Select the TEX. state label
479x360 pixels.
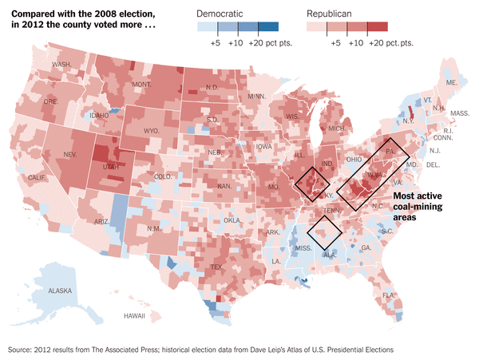pyautogui.click(x=216, y=267)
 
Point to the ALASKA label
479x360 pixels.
pyautogui.click(x=60, y=291)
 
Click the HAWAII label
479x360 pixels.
pyautogui.click(x=134, y=316)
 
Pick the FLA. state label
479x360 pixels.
pyautogui.click(x=389, y=295)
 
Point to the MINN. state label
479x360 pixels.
pyautogui.click(x=256, y=96)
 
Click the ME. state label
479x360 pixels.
pyautogui.click(x=451, y=82)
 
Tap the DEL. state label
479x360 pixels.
pyautogui.click(x=433, y=164)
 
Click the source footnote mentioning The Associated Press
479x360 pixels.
pyautogui.click(x=200, y=350)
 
